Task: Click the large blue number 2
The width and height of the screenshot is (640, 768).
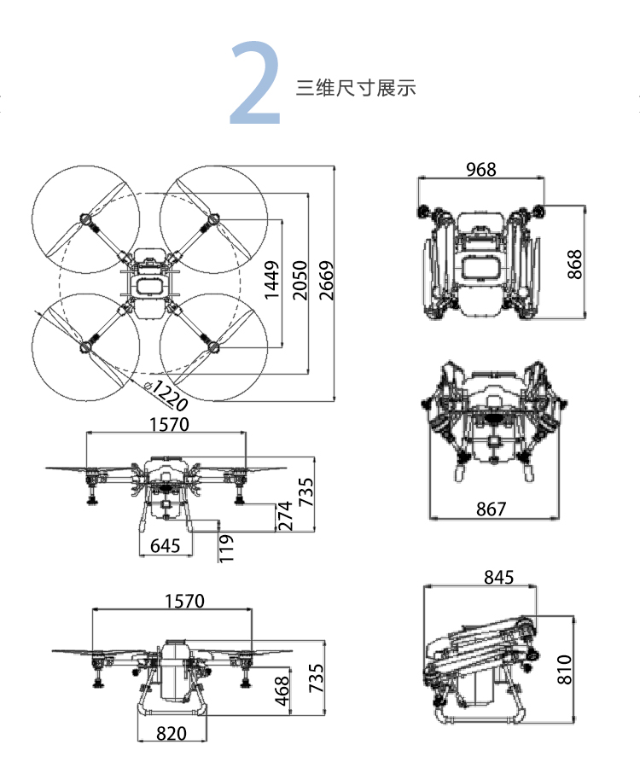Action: pyautogui.click(x=255, y=84)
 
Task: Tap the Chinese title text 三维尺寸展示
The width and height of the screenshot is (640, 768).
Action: pyautogui.click(x=356, y=88)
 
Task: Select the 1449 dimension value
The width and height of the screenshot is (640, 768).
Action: pyautogui.click(x=272, y=280)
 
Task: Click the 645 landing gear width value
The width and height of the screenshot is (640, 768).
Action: pyautogui.click(x=165, y=545)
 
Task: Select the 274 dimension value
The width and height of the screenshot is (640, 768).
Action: pyautogui.click(x=285, y=517)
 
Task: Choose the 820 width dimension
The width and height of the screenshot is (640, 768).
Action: pyautogui.click(x=172, y=733)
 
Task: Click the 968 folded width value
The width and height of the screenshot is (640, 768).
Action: pyautogui.click(x=480, y=169)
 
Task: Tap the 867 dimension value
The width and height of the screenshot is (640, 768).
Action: pyautogui.click(x=491, y=509)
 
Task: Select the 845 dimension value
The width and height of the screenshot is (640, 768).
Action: pyautogui.click(x=498, y=578)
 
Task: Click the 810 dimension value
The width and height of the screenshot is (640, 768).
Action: pyautogui.click(x=564, y=669)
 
